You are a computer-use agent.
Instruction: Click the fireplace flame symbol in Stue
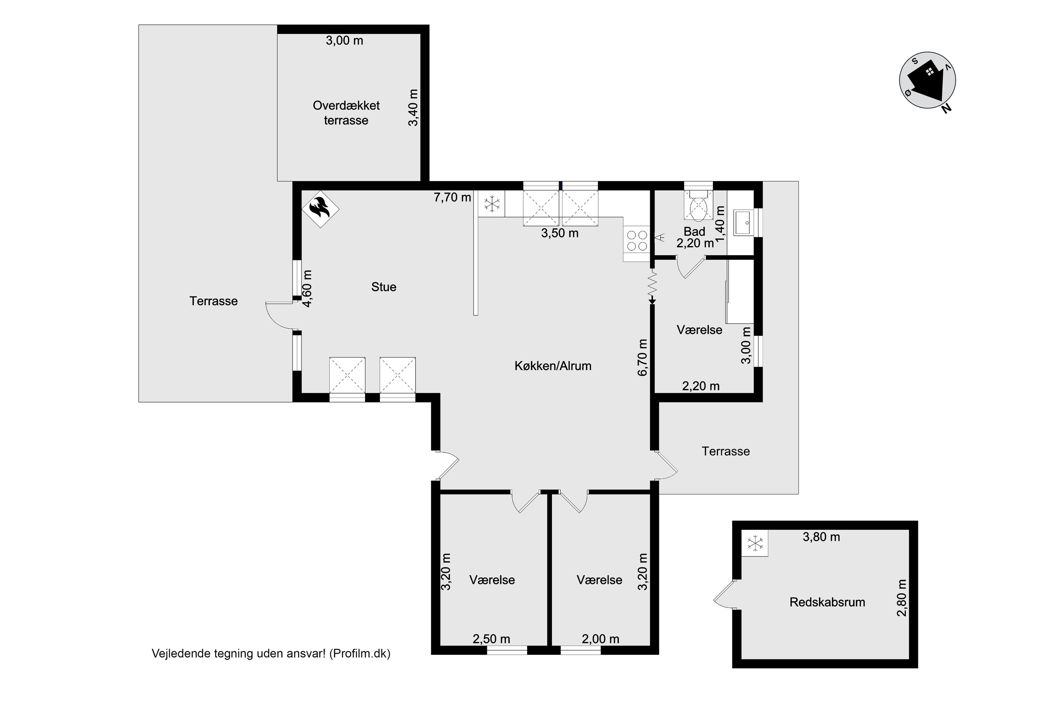pyautogui.click(x=320, y=209)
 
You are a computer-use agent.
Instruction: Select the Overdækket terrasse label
pyautogui.click(x=346, y=113)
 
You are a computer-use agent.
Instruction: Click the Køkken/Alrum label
pyautogui.click(x=553, y=366)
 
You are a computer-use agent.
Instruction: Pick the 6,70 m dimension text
pyautogui.click(x=643, y=357)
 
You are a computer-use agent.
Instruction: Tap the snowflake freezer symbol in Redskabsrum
pyautogui.click(x=754, y=543)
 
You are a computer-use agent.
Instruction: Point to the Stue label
pyautogui.click(x=384, y=287)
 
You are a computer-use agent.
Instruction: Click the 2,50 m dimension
pyautogui.click(x=491, y=639)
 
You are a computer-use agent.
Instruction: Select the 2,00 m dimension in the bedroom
pyautogui.click(x=600, y=639)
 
